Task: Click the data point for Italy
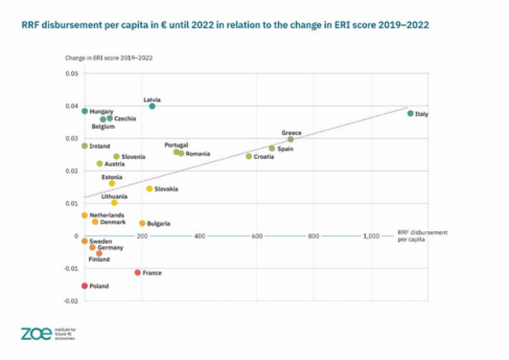pyautogui.click(x=410, y=113)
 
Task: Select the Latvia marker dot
pyautogui.click(x=152, y=106)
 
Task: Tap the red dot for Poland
pyautogui.click(x=85, y=286)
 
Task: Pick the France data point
pyautogui.click(x=138, y=272)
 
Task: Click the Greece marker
pyautogui.click(x=291, y=139)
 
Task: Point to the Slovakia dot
pyautogui.click(x=149, y=189)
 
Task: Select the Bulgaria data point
pyautogui.click(x=142, y=223)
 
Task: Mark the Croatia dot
pyautogui.click(x=249, y=156)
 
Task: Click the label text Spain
pyautogui.click(x=286, y=149)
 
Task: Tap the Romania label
pyautogui.click(x=198, y=153)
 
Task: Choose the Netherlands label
pyautogui.click(x=107, y=215)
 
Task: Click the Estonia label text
pyautogui.click(x=112, y=177)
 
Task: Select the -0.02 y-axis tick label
pyautogui.click(x=71, y=301)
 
